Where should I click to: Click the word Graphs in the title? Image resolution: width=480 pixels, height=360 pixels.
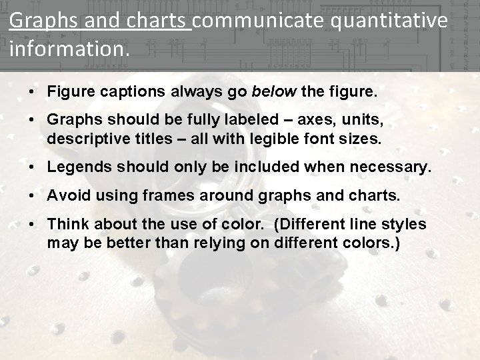pyautogui.click(x=37, y=21)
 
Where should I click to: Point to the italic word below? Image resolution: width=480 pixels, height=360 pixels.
pyautogui.click(x=273, y=91)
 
